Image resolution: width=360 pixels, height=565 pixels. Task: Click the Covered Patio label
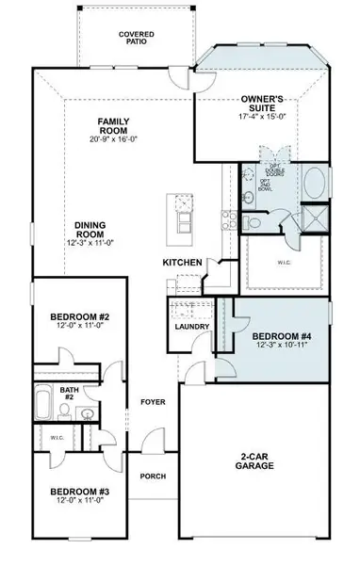coord(136,37)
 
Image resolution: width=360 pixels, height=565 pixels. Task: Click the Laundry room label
coord(191,326)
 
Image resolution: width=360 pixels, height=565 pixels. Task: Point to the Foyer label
coord(153,402)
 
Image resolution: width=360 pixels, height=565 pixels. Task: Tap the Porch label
coord(153,476)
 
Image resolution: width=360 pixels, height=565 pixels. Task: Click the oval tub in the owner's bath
coord(316,181)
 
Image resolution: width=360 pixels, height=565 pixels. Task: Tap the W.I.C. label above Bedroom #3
coord(55,438)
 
